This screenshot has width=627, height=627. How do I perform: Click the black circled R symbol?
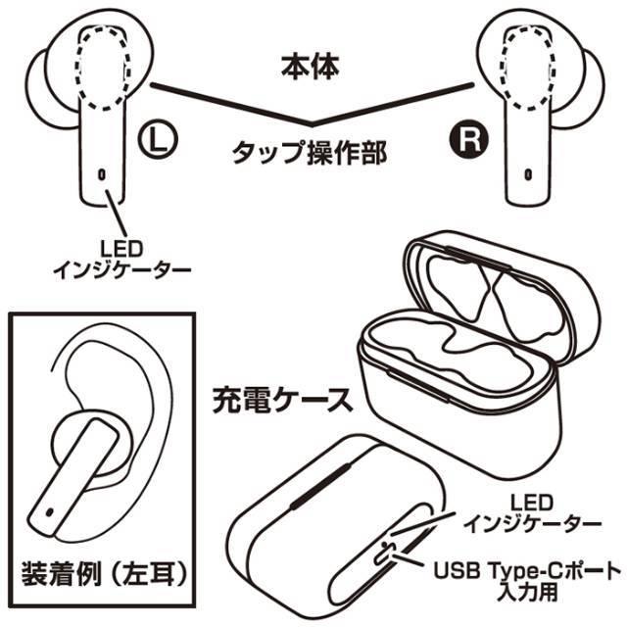(469, 139)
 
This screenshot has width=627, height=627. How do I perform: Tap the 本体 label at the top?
(311, 67)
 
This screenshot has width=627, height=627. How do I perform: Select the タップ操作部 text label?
(310, 153)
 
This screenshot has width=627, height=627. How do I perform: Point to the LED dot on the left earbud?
(102, 174)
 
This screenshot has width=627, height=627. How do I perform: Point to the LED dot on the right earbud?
(528, 174)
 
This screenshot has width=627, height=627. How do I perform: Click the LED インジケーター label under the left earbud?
(121, 260)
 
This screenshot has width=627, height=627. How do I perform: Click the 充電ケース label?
(283, 400)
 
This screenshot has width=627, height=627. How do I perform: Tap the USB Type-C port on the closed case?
(385, 553)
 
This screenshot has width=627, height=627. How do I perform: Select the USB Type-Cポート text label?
(527, 570)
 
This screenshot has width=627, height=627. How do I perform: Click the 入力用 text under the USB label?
(527, 592)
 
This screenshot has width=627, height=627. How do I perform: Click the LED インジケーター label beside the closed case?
(532, 513)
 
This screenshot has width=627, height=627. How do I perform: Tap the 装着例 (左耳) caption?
(104, 574)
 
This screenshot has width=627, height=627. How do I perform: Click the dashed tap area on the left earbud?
(103, 68)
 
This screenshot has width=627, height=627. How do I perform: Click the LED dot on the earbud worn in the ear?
(49, 511)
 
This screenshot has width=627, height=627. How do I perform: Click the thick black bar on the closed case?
(320, 486)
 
